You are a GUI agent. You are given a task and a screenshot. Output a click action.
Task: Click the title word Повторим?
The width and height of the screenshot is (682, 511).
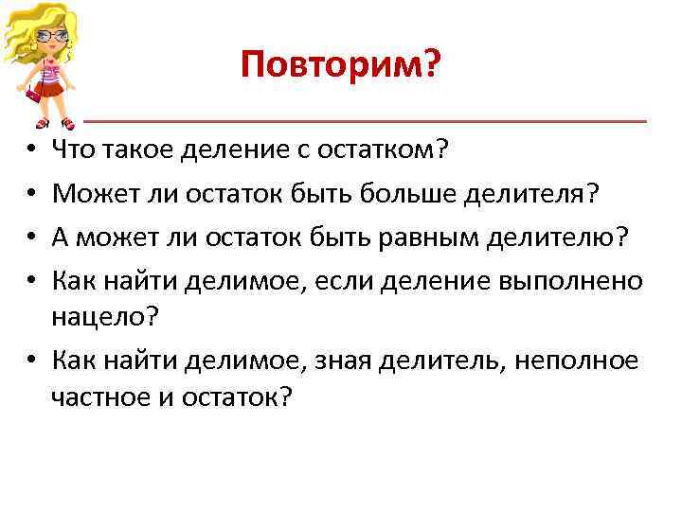coord(340,64)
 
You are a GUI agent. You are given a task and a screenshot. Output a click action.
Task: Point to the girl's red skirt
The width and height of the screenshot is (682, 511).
coord(55,96)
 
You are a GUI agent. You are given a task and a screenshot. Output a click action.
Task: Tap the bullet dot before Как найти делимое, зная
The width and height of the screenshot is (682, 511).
coord(32,361)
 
